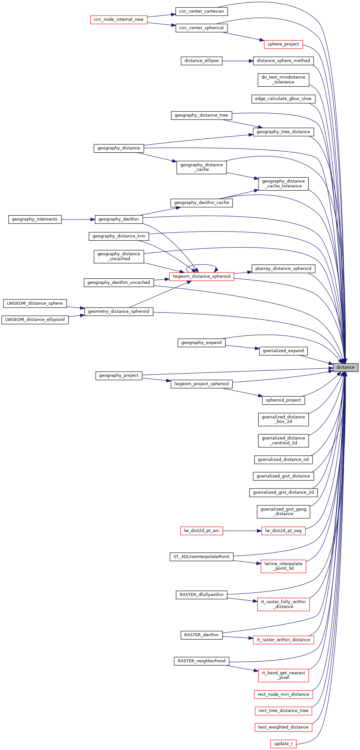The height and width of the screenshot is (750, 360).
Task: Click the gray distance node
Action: click(x=345, y=367)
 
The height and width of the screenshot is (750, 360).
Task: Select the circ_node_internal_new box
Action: click(x=119, y=19)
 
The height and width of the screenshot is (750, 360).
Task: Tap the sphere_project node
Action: click(x=283, y=44)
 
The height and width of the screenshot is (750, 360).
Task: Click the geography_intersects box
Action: click(x=35, y=220)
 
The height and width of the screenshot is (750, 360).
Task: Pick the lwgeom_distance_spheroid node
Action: click(x=201, y=277)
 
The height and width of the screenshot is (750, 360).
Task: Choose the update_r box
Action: click(x=283, y=744)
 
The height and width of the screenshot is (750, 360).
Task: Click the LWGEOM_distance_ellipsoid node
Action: click(x=35, y=320)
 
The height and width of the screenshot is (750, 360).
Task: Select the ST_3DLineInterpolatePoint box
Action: click(x=201, y=557)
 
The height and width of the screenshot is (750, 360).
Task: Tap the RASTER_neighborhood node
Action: click(x=201, y=661)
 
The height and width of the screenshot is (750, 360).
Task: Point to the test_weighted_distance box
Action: click(x=283, y=727)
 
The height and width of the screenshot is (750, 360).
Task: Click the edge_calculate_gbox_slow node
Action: click(x=283, y=99)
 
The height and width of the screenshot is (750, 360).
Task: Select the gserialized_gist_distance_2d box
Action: click(x=283, y=492)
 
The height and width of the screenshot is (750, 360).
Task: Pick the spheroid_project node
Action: click(x=283, y=400)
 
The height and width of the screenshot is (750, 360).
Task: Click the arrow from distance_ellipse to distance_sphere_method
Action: click(x=238, y=61)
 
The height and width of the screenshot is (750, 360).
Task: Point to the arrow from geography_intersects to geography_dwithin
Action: click(x=78, y=220)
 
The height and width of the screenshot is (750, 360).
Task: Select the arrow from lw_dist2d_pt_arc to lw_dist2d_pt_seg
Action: click(x=242, y=531)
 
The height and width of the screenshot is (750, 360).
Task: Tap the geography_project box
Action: click(x=119, y=376)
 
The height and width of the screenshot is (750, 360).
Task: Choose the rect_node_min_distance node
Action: click(x=283, y=694)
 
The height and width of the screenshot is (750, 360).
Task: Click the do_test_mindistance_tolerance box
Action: click(x=283, y=80)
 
